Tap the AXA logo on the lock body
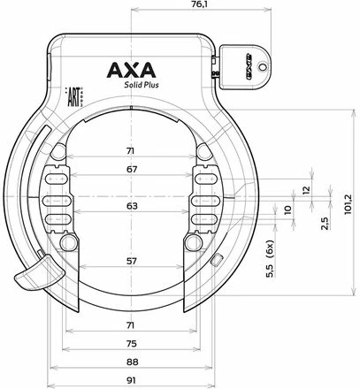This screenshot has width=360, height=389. (x=131, y=70)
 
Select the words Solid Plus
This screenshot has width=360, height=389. (x=142, y=85)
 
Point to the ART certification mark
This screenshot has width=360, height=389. (x=73, y=96)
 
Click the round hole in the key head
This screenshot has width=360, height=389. (x=262, y=66)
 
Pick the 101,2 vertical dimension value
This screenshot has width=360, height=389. (x=349, y=204)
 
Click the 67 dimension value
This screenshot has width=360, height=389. (x=132, y=170)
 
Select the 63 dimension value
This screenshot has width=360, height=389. (x=132, y=206)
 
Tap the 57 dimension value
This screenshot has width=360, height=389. (x=132, y=261)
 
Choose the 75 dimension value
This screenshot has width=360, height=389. (x=132, y=344)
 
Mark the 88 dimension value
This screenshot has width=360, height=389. (x=132, y=362)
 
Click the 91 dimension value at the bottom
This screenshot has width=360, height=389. (x=131, y=380)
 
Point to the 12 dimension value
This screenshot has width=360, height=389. (x=306, y=190)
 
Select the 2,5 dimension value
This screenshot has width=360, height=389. (x=325, y=224)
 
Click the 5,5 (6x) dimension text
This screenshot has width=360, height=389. (x=270, y=259)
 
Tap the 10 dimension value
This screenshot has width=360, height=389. (x=287, y=210)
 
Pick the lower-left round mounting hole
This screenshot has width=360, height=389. (x=69, y=243)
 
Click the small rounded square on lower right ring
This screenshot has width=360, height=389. (x=217, y=260)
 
